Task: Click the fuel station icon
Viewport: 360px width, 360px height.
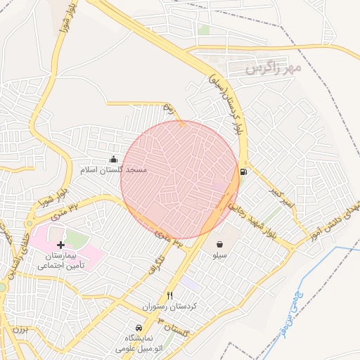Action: (x=243, y=171)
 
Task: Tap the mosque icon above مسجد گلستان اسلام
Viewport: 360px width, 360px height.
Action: (x=115, y=159)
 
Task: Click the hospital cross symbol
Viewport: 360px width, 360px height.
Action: (x=60, y=245)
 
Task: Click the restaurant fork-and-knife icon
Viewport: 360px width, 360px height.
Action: (x=169, y=296)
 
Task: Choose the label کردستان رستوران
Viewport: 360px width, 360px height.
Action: (x=169, y=307)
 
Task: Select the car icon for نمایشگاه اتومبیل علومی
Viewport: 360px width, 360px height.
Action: (x=139, y=328)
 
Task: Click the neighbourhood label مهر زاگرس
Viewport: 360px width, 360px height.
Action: (x=274, y=68)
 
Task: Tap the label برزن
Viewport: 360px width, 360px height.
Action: (x=22, y=329)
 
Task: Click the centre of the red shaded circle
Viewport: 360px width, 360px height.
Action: (x=179, y=179)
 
